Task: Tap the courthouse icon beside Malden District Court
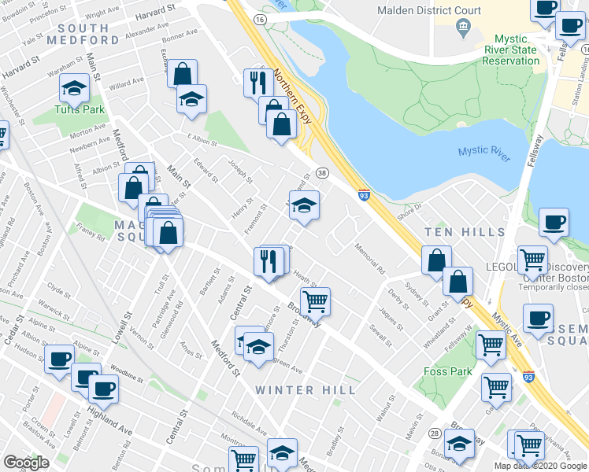point(463,29)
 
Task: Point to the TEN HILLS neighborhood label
point(465,232)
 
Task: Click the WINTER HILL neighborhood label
point(305,390)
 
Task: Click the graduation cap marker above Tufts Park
point(74,89)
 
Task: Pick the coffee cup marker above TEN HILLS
point(554,222)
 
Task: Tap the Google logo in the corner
point(26,463)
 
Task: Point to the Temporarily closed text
point(553,287)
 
